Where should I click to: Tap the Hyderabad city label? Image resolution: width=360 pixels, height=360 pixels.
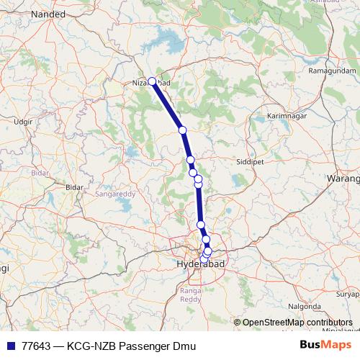(x=201, y=265)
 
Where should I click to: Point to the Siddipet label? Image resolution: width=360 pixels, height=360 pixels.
(x=251, y=162)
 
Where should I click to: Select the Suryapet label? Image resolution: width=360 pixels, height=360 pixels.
(x=348, y=294)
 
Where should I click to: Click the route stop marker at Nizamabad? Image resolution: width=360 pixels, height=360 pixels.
(x=152, y=81)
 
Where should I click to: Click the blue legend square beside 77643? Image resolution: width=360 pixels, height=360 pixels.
(x=10, y=346)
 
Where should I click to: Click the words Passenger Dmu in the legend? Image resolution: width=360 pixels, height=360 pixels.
(x=159, y=346)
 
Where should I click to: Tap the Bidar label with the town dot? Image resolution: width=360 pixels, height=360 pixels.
(x=74, y=187)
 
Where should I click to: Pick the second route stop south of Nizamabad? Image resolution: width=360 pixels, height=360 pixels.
(x=190, y=160)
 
